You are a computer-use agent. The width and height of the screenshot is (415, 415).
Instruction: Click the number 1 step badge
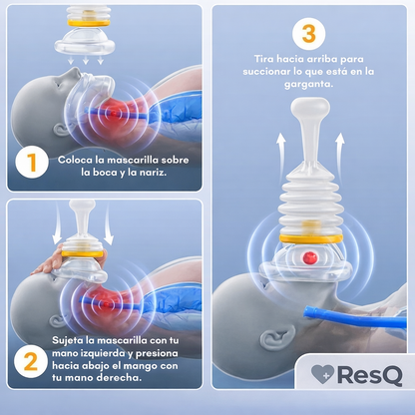click(x=32, y=162)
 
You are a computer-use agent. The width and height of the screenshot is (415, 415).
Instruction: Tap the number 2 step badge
click(x=31, y=361)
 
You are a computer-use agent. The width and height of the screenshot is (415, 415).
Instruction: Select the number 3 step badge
click(x=308, y=34)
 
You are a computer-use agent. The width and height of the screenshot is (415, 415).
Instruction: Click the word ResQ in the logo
click(x=370, y=375)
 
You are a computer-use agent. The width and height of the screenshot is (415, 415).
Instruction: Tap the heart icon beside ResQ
click(x=322, y=374)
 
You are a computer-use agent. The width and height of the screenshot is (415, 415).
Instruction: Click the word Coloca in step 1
click(x=75, y=160)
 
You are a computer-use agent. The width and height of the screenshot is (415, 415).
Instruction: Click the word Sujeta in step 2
click(x=66, y=341)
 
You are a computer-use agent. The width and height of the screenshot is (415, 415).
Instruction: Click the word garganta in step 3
click(x=308, y=85)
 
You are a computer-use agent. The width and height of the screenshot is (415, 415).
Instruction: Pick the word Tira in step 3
click(x=264, y=59)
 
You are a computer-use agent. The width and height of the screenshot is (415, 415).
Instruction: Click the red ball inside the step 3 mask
click(x=309, y=257)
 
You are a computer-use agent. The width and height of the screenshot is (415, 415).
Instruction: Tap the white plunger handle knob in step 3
click(x=310, y=108)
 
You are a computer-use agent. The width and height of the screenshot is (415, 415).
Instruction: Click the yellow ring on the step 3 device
click(x=311, y=238)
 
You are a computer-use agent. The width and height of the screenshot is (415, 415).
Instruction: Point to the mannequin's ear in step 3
click(x=277, y=338)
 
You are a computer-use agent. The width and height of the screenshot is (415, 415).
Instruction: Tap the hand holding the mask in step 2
click(x=48, y=262)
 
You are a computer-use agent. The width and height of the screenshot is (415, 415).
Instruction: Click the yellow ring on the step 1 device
click(x=89, y=23)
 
